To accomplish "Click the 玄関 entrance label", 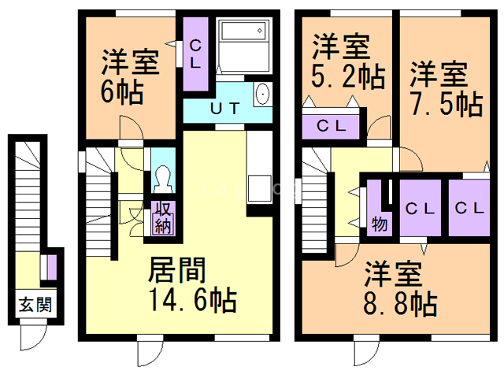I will point(35,303).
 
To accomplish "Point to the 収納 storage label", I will point(164,217).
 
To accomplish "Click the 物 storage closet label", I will point(379,223).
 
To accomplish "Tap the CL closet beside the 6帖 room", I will point(195,54).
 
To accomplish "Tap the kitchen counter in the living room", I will point(258,169).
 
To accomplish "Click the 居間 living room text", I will point(177,272).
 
